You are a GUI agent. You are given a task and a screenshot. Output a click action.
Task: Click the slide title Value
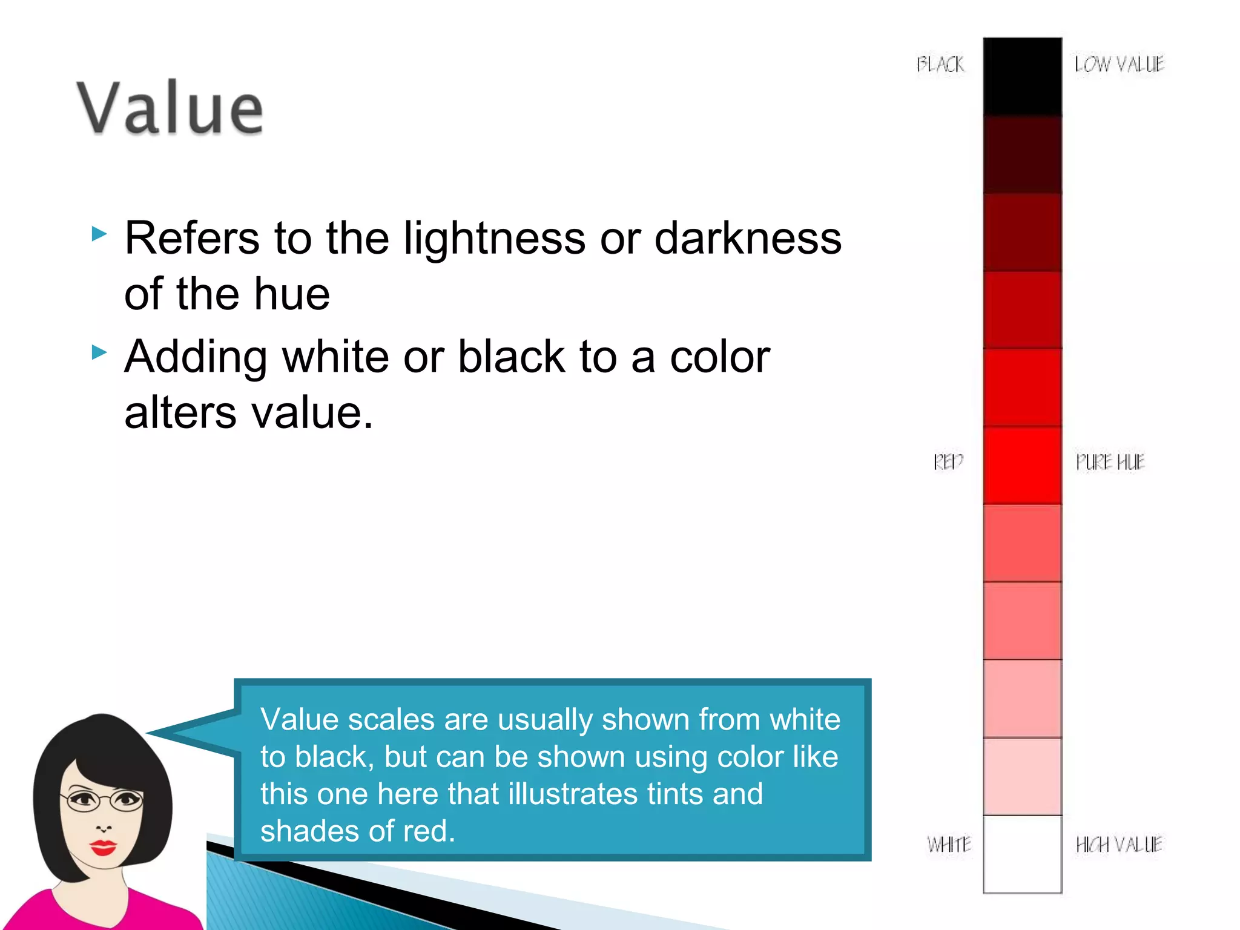170,108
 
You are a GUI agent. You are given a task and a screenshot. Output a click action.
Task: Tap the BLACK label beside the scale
940,64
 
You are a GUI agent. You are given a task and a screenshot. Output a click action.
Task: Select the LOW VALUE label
1119,64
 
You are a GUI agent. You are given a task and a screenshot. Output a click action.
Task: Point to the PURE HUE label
1110,462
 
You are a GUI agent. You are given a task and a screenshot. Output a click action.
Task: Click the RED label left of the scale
948,462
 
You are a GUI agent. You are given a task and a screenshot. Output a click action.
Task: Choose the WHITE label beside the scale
949,844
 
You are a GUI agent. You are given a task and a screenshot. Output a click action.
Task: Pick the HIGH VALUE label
1118,844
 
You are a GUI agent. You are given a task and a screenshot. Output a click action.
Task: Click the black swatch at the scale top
1022,76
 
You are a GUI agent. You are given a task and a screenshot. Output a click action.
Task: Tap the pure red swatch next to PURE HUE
1022,465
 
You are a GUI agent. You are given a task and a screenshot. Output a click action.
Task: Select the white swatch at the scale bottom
1022,854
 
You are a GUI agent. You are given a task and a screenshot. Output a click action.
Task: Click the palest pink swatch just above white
1022,776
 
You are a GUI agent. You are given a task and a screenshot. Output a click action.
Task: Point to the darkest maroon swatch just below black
1022,154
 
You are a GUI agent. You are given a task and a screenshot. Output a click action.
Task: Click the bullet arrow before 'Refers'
99,234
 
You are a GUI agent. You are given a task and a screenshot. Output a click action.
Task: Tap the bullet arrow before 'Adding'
99,352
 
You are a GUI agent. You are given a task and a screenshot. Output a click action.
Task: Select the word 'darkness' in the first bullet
748,238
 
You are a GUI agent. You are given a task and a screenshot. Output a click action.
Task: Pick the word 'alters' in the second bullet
180,413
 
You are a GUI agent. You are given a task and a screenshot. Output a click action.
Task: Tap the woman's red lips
103,847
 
